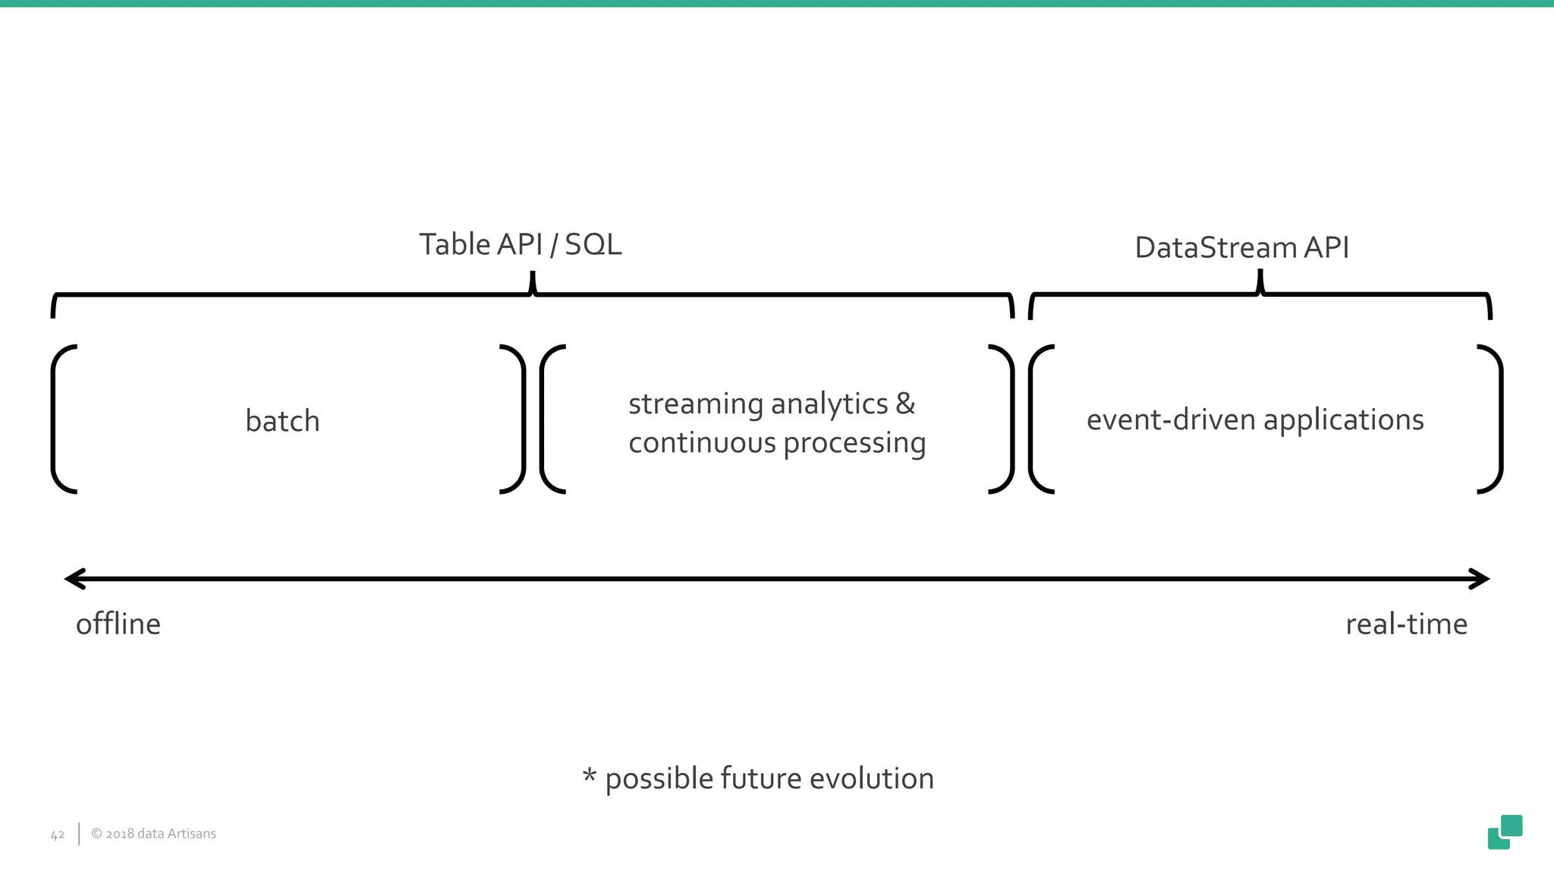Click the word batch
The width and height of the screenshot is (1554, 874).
point(282,421)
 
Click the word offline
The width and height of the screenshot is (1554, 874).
point(118,624)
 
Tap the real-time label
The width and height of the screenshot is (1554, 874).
point(1406,624)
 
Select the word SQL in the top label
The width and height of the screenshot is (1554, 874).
point(593,244)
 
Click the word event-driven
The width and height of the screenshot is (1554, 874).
point(1170,420)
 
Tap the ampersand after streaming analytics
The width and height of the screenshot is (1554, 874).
point(905,403)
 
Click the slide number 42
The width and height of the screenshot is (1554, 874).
point(58,835)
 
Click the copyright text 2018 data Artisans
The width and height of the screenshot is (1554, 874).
point(154,834)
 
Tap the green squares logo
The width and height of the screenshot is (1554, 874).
point(1505,832)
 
